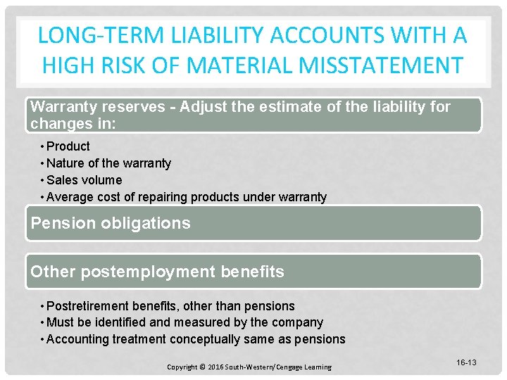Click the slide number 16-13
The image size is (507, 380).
tap(466, 362)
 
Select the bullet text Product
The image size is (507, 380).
tap(68, 146)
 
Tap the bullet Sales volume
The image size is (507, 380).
tap(84, 180)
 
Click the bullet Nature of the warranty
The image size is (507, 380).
tap(108, 163)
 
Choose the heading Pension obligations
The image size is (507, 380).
tap(111, 223)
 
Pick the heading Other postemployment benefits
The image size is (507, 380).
tap(157, 272)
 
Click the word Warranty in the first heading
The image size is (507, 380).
tap(65, 107)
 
